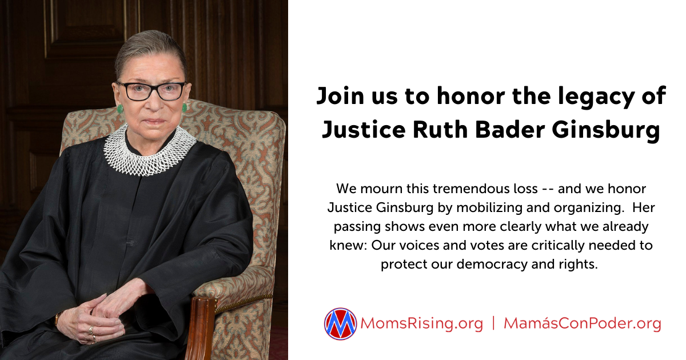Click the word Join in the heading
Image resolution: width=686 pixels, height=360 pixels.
340,96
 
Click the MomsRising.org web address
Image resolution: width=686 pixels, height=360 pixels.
422,324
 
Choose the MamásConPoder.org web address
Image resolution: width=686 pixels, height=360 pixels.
582,324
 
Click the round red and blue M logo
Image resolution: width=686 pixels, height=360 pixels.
340,323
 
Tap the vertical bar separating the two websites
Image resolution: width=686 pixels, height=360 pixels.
493,323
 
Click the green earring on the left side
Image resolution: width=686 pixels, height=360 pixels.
119,109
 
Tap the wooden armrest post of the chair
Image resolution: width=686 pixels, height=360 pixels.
200,327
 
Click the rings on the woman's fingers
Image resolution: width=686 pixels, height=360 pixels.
92,334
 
